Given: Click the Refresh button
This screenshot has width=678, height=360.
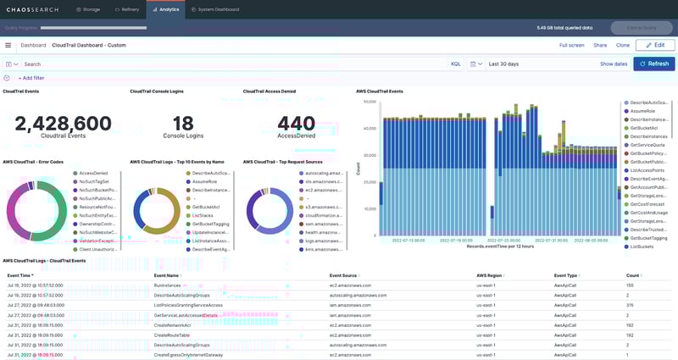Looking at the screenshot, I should [x=653, y=64].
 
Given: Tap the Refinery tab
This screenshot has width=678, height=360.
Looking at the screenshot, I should [x=126, y=9].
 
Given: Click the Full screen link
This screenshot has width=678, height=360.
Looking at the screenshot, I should [x=571, y=45].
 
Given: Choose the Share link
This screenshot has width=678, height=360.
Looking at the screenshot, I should [x=600, y=45].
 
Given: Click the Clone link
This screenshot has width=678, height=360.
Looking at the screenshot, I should [x=623, y=45].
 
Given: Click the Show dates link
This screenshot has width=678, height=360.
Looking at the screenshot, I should [x=614, y=64].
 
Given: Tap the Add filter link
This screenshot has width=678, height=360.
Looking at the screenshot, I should [x=31, y=78].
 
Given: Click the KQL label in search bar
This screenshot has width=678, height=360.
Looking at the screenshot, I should [x=455, y=64].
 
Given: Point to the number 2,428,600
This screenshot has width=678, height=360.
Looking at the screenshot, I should [x=63, y=124].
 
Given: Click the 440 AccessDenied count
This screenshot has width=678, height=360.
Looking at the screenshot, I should [x=296, y=124].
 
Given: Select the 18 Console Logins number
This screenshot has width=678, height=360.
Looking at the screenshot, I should [x=183, y=124].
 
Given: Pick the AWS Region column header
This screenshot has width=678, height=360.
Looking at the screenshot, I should [x=492, y=275].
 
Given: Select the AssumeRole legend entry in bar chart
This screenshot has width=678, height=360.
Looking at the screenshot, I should [x=642, y=111].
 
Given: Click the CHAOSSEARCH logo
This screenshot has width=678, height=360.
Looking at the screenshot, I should [x=32, y=9].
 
